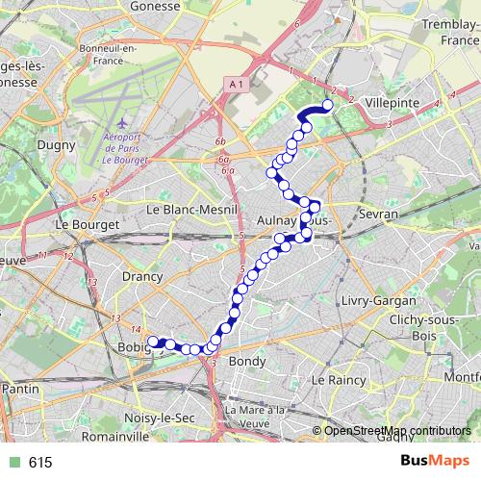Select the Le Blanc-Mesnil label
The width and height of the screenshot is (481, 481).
[185, 209]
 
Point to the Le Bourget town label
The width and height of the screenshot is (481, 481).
[89, 224]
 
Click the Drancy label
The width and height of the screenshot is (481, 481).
[117, 276]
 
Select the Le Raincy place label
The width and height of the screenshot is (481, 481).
[338, 380]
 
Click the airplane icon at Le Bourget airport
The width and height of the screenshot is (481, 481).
[121, 124]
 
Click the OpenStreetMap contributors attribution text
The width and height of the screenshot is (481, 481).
[396, 430]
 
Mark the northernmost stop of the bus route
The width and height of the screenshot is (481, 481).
[328, 105]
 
